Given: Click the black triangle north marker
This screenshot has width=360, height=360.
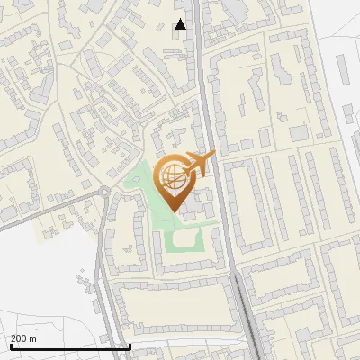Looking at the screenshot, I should pos(181,24).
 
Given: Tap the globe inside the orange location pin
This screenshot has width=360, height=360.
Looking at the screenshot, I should pos(174,175).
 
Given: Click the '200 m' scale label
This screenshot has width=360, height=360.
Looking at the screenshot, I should pos(23,338).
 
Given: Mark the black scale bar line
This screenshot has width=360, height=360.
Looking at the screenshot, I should pos(70,346).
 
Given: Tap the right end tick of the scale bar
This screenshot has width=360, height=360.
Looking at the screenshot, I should pos(130,345).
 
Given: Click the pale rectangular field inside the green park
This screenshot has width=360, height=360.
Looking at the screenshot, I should pos(186,239).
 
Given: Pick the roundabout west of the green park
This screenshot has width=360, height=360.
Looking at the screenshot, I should pos(105,193).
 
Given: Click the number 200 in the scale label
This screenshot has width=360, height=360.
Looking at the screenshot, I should pos(19,338).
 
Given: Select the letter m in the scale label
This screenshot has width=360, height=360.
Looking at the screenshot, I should pos(32,338).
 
